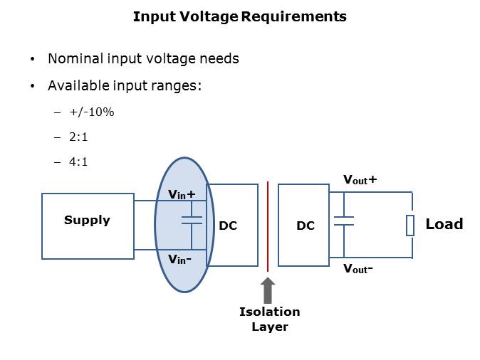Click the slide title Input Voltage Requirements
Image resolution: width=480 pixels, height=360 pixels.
[x=239, y=16]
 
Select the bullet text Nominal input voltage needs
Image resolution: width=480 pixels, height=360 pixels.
[x=143, y=59]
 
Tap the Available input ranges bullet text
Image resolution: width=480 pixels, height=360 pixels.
[x=125, y=86]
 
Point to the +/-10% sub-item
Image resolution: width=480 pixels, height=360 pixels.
[x=92, y=112]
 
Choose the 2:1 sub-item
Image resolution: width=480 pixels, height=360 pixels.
[x=78, y=137]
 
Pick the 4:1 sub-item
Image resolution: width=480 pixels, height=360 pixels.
[x=78, y=162]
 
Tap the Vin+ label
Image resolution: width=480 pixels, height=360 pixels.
[x=181, y=194]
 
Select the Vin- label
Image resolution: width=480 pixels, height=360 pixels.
[x=179, y=259]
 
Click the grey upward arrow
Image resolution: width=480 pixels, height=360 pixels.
[x=268, y=290]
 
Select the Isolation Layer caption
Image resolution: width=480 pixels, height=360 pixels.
[x=269, y=319]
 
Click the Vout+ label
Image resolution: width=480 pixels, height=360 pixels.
[x=360, y=180]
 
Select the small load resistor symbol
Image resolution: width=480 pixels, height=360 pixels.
[x=410, y=225]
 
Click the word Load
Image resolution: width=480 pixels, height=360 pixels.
[x=444, y=224]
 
